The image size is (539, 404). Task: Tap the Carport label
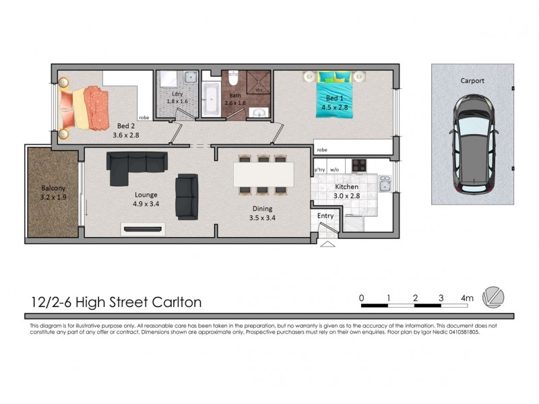pyautogui.click(x=472, y=81)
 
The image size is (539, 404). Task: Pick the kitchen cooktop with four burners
pyautogui.click(x=358, y=165)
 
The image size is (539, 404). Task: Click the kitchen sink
pyautogui.click(x=385, y=184)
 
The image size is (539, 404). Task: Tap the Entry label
pyautogui.click(x=325, y=215)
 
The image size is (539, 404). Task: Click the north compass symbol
pyautogui.click(x=495, y=297)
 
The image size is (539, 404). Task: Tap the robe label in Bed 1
pyautogui.click(x=322, y=150)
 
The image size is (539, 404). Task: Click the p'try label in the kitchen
pyautogui.click(x=319, y=170)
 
